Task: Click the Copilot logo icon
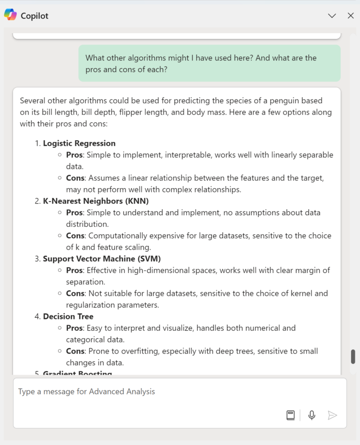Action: [x=10, y=15]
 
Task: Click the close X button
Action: [x=351, y=15]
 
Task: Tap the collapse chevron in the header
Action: [x=332, y=15]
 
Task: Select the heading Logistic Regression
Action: [x=79, y=143]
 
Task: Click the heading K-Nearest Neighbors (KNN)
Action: [x=96, y=201]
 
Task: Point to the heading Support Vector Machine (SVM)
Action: [x=102, y=259]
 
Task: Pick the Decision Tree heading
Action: [x=68, y=317]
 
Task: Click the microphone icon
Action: [x=312, y=415]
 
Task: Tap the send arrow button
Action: [x=332, y=415]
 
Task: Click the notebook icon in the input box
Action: [x=291, y=415]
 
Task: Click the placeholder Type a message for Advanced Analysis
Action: [x=87, y=392]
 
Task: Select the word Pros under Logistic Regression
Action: [x=74, y=155]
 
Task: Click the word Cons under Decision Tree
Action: [x=75, y=351]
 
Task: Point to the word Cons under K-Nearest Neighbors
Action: [x=75, y=236]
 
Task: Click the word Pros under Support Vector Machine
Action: [x=74, y=271]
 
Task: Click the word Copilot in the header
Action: [x=34, y=16]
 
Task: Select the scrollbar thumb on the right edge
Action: [x=353, y=356]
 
